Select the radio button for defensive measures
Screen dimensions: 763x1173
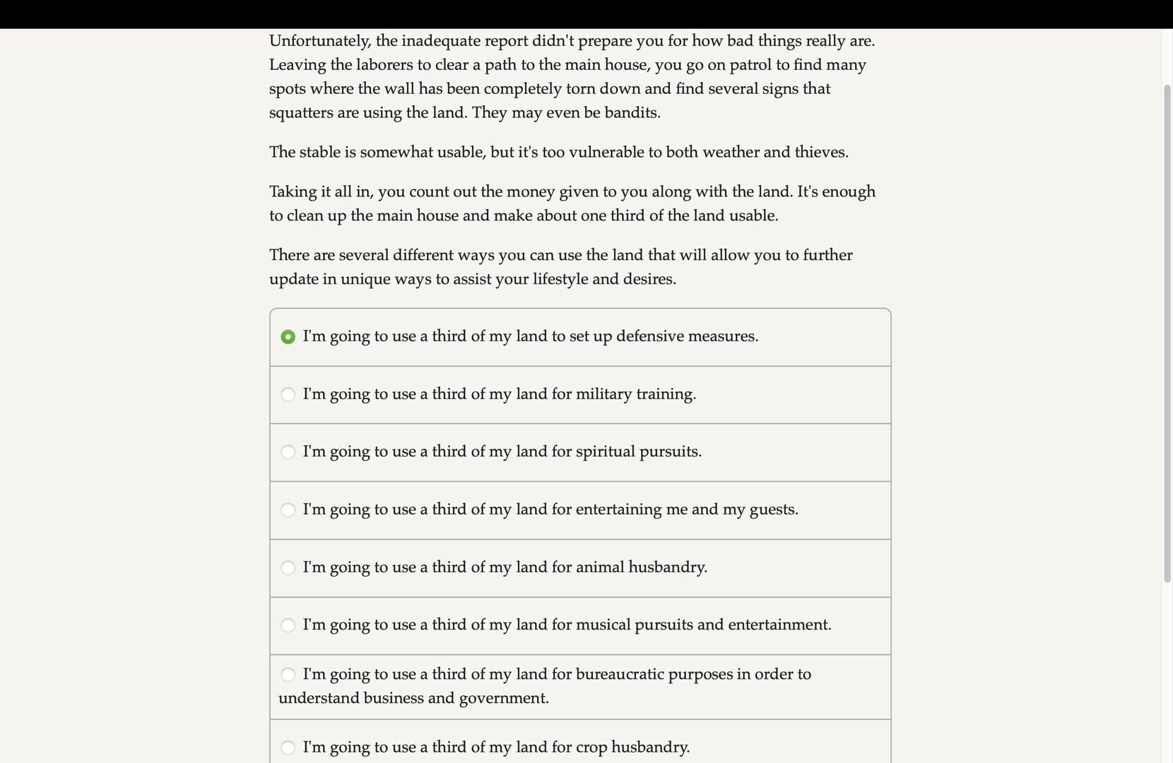[288, 337]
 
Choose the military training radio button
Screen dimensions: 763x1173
[288, 394]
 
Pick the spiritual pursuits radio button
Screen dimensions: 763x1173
[288, 452]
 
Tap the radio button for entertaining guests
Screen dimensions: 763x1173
[288, 510]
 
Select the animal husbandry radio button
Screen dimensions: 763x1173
[288, 568]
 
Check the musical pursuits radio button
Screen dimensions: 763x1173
[288, 625]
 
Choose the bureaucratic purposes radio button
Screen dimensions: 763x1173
[288, 675]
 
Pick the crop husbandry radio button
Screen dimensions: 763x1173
[288, 747]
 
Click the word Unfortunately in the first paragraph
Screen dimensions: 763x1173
[319, 41]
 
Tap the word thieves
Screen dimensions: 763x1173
[820, 153]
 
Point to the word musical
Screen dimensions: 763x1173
[603, 625]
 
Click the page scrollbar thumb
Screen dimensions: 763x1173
[1167, 332]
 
